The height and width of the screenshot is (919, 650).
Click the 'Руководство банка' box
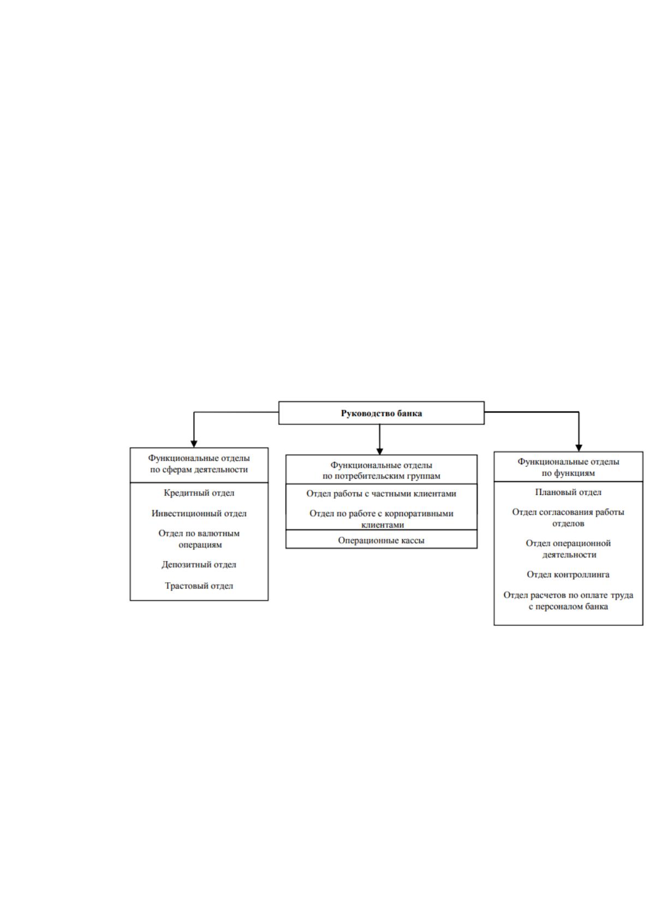[381, 413]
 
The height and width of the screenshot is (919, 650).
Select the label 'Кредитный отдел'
[199, 493]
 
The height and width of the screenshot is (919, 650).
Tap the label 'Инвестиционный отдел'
[199, 513]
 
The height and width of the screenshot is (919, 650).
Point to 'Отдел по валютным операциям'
[199, 539]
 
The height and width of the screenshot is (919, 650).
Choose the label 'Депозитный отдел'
[199, 564]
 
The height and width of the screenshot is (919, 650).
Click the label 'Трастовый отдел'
[199, 586]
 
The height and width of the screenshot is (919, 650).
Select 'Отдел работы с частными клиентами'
[381, 493]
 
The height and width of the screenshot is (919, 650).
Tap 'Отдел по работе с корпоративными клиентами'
[381, 519]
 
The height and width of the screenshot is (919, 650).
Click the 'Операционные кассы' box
[381, 539]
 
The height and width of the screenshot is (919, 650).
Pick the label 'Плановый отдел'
[568, 492]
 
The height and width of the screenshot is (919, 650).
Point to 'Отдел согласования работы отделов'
[568, 517]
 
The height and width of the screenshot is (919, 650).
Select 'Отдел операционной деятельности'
[568, 548]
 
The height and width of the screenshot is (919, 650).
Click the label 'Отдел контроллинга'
[568, 574]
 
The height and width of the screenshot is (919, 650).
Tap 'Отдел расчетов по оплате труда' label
[568, 595]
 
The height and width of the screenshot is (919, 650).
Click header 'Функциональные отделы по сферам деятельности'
[199, 464]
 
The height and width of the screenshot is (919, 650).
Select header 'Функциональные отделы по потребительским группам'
[381, 470]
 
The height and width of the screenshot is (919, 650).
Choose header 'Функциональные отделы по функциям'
[568, 467]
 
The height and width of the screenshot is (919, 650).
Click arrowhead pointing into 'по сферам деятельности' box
[194, 444]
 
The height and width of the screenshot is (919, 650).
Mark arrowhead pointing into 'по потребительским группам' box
[380, 451]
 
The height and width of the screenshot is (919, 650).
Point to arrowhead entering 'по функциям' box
[579, 448]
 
